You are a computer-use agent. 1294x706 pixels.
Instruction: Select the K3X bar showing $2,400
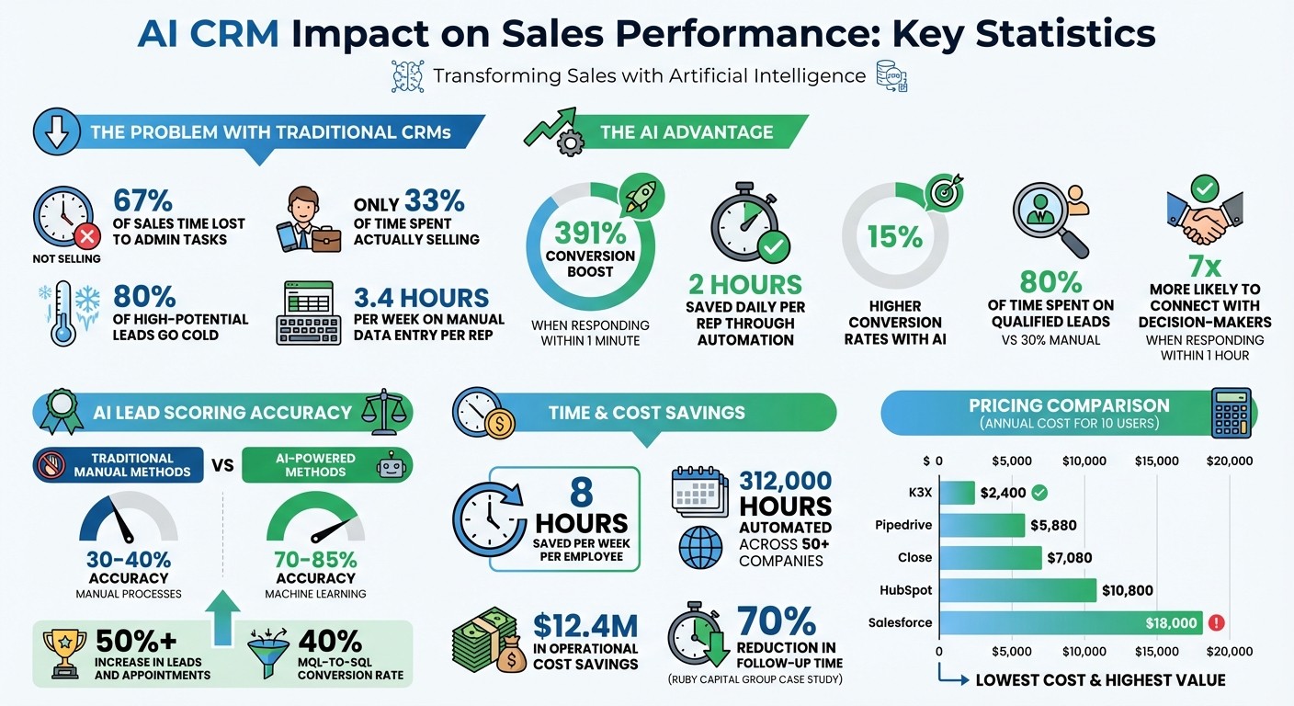(x=956, y=493)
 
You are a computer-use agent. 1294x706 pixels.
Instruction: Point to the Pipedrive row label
(x=903, y=526)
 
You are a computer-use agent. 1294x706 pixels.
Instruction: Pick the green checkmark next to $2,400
(x=1039, y=493)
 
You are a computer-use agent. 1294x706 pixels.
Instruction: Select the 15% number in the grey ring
(x=894, y=236)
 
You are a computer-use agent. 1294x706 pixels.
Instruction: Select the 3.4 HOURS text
(x=421, y=299)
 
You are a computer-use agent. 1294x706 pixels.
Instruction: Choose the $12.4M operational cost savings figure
(x=585, y=627)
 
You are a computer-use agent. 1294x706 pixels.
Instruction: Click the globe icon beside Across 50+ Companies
(x=700, y=547)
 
